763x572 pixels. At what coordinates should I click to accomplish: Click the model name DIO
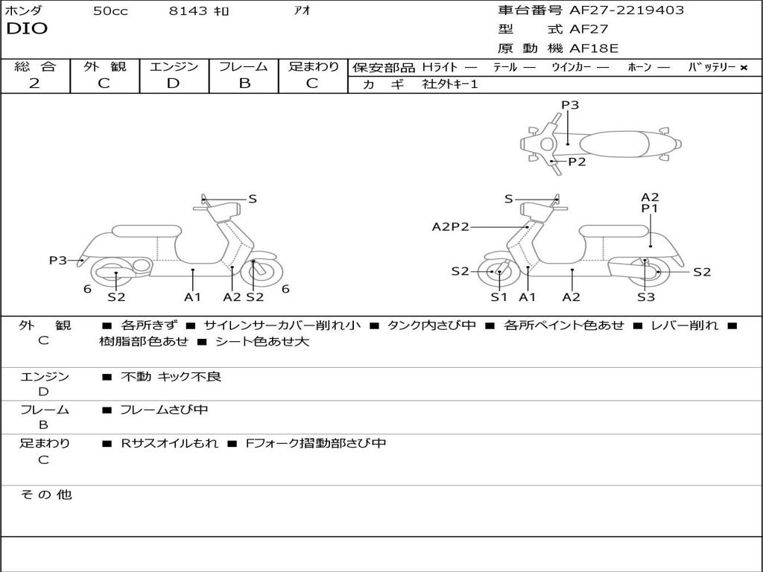(27, 29)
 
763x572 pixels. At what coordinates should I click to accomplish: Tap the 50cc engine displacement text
(110, 11)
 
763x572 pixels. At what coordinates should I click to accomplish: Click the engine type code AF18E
(595, 49)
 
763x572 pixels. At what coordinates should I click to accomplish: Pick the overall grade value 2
(34, 83)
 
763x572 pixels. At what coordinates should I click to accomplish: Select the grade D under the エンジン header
(174, 83)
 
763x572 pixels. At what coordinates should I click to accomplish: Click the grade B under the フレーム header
(244, 83)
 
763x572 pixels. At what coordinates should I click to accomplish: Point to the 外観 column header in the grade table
(104, 67)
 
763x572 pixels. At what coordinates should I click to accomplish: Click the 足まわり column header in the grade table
(313, 67)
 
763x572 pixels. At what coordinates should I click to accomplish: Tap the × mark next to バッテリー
(743, 68)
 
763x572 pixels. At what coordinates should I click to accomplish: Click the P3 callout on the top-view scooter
(570, 105)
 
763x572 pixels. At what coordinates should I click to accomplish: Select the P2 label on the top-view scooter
(577, 162)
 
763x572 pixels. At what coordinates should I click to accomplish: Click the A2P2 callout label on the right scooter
(451, 227)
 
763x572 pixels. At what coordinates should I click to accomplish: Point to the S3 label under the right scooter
(645, 297)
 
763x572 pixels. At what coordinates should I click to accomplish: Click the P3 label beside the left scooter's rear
(58, 260)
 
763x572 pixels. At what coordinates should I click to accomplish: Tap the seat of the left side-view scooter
(146, 231)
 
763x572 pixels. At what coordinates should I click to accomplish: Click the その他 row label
(45, 495)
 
